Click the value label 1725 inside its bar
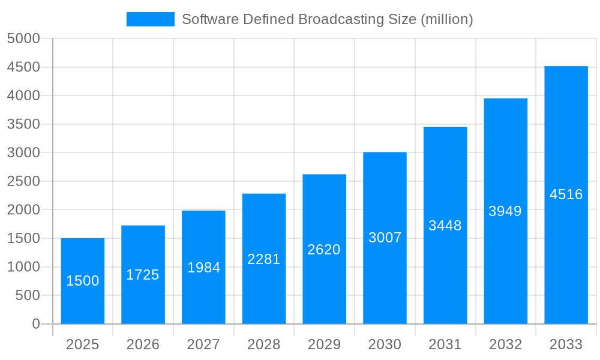tap(143, 275)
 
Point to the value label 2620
tap(324, 250)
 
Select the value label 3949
tap(505, 211)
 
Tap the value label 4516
tap(566, 194)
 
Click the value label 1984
tap(203, 268)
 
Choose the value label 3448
tap(445, 226)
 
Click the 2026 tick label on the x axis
tap(143, 344)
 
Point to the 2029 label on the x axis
tap(324, 344)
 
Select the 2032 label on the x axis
tap(505, 344)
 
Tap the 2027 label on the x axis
tap(203, 344)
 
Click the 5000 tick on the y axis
tap(23, 39)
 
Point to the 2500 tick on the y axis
tap(23, 181)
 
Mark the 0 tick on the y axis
tap(36, 324)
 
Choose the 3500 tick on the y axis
tap(23, 124)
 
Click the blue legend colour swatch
tap(150, 19)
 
